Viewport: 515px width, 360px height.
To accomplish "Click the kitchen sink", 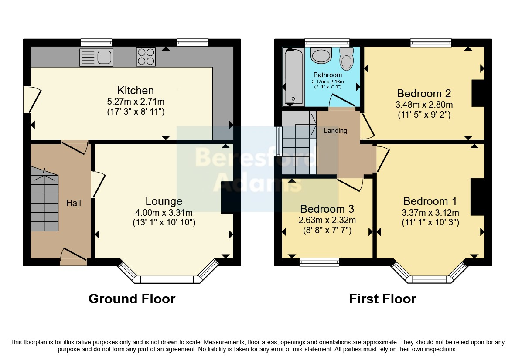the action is (x=96, y=58).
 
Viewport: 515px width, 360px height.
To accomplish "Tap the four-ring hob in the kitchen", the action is (x=146, y=57).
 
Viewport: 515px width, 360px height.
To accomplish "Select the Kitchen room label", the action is (x=136, y=90).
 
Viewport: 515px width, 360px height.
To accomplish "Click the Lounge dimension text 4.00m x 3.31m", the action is (x=164, y=213).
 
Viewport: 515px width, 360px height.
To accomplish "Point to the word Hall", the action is (x=74, y=203).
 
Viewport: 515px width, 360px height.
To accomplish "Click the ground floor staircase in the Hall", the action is (x=44, y=199).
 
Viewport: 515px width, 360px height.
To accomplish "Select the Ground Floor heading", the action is (x=132, y=299).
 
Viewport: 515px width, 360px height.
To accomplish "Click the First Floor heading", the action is (x=382, y=299).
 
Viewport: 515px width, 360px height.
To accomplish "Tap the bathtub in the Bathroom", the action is (x=293, y=76).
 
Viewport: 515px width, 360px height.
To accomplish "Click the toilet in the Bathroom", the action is (x=347, y=59).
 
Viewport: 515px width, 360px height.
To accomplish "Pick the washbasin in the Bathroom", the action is (x=321, y=55).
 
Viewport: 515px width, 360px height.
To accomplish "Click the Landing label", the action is (x=335, y=131).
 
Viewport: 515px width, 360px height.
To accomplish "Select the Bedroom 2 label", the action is (x=424, y=94).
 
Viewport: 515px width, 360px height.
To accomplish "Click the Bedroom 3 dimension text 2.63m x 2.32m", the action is (x=327, y=220).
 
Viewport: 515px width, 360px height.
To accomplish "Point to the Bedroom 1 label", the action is (x=430, y=201).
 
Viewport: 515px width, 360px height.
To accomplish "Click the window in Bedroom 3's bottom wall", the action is (x=319, y=262).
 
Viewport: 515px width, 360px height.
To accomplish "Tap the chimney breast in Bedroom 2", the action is (x=478, y=93).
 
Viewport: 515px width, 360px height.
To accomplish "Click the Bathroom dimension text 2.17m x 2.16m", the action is (x=328, y=82).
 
